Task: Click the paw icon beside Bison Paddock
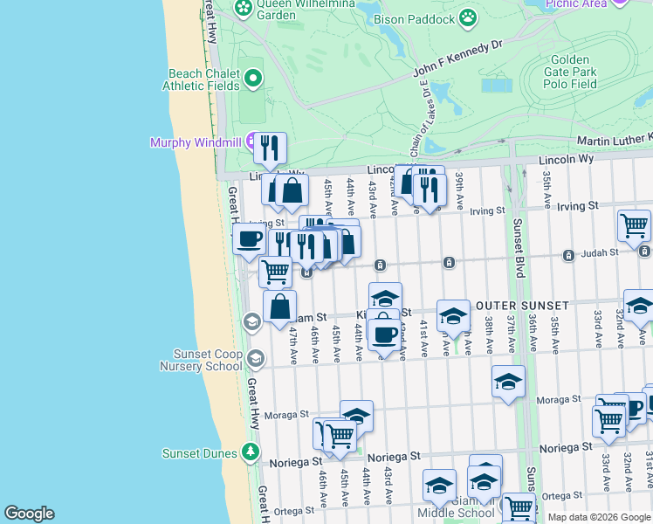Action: [469, 17]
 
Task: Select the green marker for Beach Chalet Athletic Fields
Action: [253, 79]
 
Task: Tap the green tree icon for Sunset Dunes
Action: [251, 452]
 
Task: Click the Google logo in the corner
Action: [28, 514]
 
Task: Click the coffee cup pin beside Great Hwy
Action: [250, 240]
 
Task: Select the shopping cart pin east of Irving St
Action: [634, 225]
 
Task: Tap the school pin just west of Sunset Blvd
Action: [508, 382]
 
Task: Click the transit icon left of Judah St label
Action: [568, 255]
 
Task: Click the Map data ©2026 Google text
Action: [599, 517]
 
